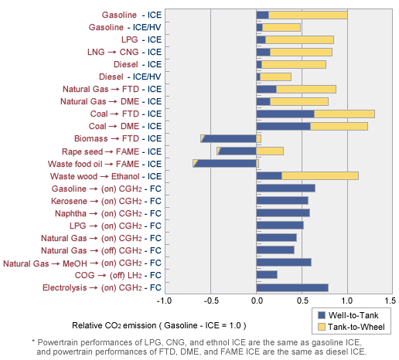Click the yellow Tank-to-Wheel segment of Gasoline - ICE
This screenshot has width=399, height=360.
click(x=308, y=15)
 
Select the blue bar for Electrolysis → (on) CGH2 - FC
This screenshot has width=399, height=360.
click(x=292, y=287)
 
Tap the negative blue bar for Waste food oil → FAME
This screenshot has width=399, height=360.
click(x=227, y=163)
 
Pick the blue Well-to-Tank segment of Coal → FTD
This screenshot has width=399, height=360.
click(x=285, y=114)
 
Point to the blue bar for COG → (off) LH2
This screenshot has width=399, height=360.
click(x=266, y=274)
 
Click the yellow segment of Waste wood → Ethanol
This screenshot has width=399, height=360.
click(x=319, y=175)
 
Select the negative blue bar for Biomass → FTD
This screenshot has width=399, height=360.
click(x=230, y=138)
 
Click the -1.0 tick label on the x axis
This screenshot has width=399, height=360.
click(x=163, y=301)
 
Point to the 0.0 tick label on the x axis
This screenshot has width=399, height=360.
click(x=256, y=301)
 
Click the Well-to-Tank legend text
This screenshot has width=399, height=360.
click(x=355, y=315)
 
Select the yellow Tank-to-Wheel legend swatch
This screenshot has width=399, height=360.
click(x=322, y=328)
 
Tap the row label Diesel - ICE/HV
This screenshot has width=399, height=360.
click(x=131, y=76)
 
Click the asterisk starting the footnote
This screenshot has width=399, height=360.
click(x=33, y=342)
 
